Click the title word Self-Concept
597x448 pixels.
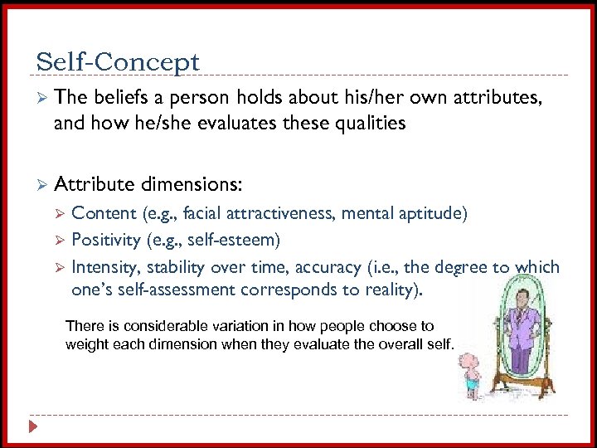pyautogui.click(x=118, y=62)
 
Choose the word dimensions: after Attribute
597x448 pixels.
pyautogui.click(x=194, y=183)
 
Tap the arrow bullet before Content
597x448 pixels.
pyautogui.click(x=59, y=214)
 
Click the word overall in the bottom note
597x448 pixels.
pyautogui.click(x=392, y=343)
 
